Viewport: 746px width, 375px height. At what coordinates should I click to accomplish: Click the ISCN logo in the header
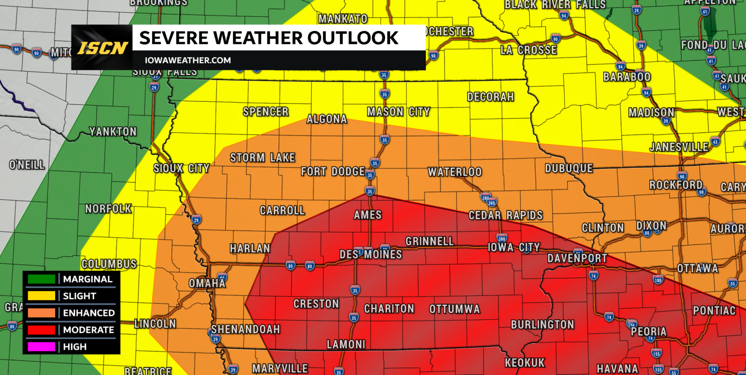(102, 48)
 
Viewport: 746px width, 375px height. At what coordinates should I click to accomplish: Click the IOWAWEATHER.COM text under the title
(187, 61)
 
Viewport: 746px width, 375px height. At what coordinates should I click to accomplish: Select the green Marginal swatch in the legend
(41, 279)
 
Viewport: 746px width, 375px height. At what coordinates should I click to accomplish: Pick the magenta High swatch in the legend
(41, 347)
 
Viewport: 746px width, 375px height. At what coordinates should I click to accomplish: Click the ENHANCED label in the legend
(89, 313)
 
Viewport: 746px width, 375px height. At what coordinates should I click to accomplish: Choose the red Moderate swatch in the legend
(41, 330)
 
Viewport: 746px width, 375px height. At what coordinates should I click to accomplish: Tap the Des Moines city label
(371, 254)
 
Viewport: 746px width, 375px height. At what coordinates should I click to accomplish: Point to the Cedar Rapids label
(506, 215)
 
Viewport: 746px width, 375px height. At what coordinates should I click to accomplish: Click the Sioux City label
(181, 168)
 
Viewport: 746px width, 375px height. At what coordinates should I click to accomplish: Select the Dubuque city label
(569, 168)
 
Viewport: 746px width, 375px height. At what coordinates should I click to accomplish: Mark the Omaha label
(207, 283)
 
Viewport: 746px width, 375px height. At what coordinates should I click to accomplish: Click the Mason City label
(398, 112)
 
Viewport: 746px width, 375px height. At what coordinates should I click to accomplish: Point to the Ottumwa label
(455, 309)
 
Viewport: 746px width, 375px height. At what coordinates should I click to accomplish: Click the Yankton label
(113, 131)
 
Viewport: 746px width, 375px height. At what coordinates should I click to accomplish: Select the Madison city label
(651, 113)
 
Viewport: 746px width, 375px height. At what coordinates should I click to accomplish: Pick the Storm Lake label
(262, 158)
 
